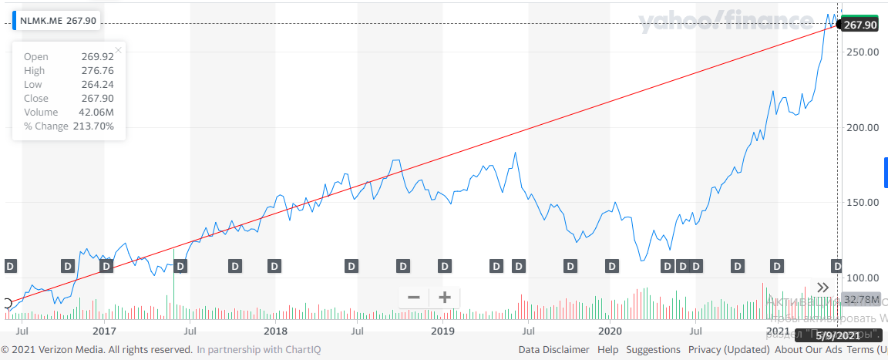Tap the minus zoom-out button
point(414,297)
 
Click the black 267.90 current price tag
point(861,25)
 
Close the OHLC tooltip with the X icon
point(119,51)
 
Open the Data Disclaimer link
point(553,349)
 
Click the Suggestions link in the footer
point(653,349)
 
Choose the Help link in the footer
point(607,349)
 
